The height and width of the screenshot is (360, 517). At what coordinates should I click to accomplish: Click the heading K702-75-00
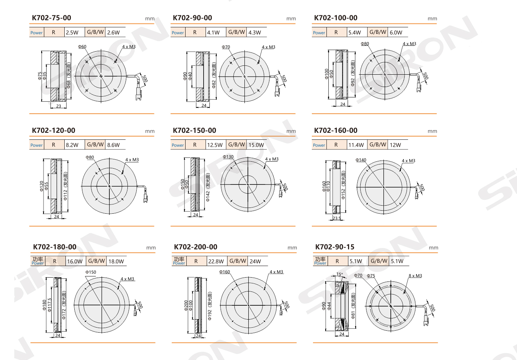[x=52, y=18]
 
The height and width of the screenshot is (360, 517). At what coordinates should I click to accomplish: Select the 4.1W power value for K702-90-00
[x=213, y=33]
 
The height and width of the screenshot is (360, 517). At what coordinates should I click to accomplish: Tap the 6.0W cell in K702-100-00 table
[x=396, y=33]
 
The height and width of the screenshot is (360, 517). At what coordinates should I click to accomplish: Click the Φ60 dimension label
[x=82, y=47]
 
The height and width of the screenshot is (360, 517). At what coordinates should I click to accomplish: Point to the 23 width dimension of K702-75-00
[x=59, y=106]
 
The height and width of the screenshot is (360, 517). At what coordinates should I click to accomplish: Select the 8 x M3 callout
[x=415, y=276]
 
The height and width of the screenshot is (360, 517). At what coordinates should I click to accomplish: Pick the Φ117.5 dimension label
[x=49, y=305]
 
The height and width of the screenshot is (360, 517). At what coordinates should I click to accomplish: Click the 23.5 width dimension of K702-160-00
[x=337, y=218]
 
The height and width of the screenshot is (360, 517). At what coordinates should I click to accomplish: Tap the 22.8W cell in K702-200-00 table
[x=216, y=261]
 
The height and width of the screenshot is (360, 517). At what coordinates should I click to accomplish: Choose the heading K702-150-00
[x=194, y=131]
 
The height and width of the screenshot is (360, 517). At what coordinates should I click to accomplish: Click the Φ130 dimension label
[x=228, y=157]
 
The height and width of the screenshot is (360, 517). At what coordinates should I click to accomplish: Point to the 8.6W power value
[x=113, y=145]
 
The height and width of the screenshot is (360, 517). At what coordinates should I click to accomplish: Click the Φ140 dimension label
[x=361, y=160]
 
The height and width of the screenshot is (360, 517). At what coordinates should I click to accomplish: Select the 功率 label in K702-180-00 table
[x=38, y=259]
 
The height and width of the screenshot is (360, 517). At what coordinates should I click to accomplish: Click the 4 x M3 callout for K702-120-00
[x=132, y=160]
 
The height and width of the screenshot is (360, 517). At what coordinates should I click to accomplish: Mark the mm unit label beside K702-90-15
[x=433, y=248]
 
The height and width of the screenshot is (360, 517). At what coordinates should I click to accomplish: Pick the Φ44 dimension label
[x=329, y=306]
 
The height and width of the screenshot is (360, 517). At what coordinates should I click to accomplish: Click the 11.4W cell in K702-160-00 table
[x=356, y=145]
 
